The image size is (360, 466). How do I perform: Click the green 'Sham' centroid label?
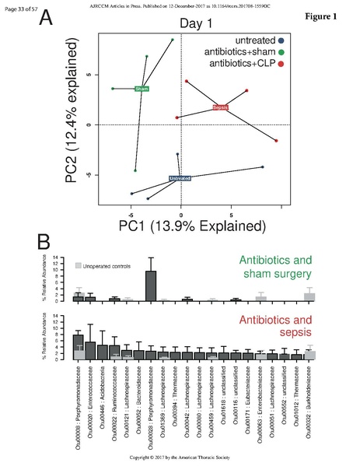click(x=142, y=89)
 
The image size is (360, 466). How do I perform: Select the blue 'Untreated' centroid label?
click(x=180, y=178)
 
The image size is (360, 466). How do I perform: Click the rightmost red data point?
click(x=276, y=141)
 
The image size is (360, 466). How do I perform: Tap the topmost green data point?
click(x=173, y=40)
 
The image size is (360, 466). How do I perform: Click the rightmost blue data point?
click(x=263, y=166)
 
